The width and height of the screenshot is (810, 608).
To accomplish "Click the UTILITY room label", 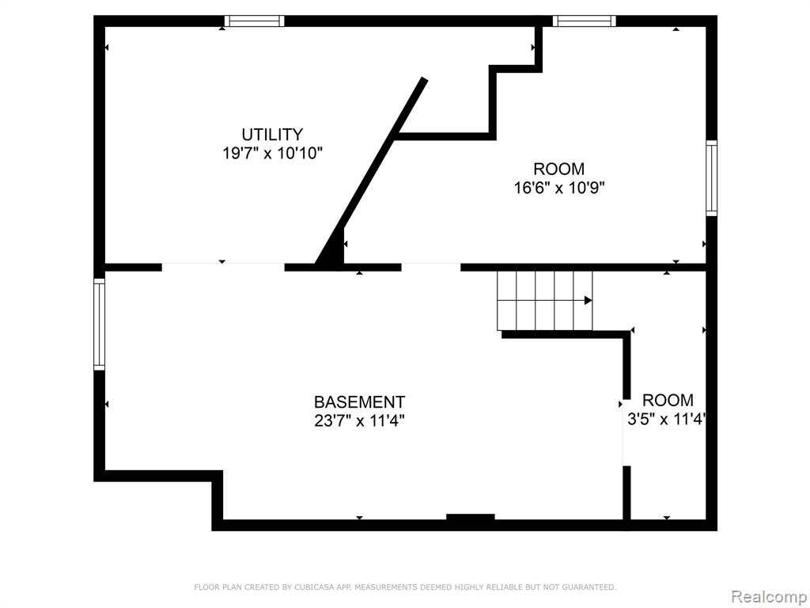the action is coord(272,135).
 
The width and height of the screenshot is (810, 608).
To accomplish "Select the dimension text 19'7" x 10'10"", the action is coord(272,154).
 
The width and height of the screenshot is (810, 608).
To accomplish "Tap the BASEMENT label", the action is coord(360,401).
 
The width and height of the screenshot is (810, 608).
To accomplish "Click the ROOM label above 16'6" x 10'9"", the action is coord(559,169).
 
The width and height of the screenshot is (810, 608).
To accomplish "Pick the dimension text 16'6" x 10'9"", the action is coord(559,188).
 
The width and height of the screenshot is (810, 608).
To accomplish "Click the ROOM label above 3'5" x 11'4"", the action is coord(668,400).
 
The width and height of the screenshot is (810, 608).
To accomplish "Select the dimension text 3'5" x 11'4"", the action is coord(666,419).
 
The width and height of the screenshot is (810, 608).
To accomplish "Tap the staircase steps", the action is coord(545,300).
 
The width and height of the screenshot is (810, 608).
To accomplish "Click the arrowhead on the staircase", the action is coord(588,300).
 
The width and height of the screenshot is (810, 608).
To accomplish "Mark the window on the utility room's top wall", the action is coord(255,21).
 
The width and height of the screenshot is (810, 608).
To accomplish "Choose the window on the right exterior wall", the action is coord(711,178).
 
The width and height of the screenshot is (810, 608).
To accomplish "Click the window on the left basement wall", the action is coord(99,324).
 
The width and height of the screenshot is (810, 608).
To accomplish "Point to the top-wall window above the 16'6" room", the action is coord(585,21).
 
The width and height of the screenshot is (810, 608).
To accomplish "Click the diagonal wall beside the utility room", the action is coord(371,173).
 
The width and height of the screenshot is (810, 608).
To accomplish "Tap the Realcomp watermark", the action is coord(769,597).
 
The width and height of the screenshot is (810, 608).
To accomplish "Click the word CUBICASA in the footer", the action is coord(312,587).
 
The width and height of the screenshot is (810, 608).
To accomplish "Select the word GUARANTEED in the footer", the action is coord(589,587).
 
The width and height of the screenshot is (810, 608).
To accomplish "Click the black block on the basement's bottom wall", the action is coord(471,518).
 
